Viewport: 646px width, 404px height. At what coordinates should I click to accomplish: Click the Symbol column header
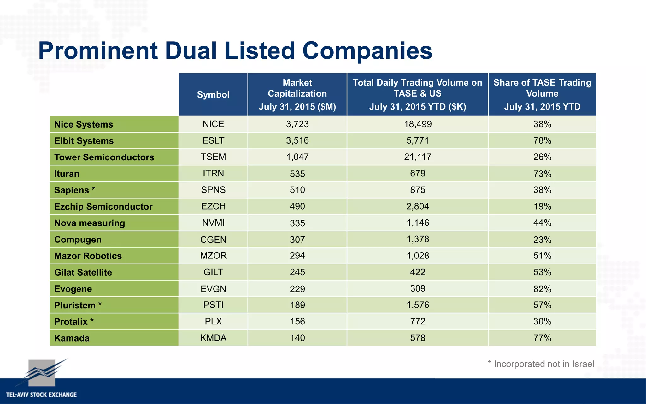point(213,95)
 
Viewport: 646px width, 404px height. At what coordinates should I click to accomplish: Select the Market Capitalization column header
point(297,94)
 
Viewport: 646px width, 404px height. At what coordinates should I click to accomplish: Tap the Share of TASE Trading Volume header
point(542,94)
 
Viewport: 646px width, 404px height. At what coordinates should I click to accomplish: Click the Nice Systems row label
point(84,124)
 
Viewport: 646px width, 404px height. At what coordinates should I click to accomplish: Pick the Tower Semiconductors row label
point(104,157)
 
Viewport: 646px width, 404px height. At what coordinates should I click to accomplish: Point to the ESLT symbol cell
point(213,140)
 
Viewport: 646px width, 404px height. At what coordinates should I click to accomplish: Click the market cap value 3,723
point(297,124)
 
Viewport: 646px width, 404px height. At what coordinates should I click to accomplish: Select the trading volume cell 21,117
point(418,157)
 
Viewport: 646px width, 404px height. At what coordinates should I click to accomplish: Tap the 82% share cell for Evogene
point(542,289)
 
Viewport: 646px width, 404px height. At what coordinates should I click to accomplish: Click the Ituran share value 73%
point(542,174)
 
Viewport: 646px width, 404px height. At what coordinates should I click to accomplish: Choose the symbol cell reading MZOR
point(213,256)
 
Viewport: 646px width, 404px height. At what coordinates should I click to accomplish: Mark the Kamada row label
point(72,338)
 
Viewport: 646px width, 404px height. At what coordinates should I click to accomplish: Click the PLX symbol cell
point(213,321)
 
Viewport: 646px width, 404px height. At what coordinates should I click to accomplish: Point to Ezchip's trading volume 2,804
point(418,206)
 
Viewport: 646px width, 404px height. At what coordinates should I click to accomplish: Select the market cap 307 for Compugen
point(297,240)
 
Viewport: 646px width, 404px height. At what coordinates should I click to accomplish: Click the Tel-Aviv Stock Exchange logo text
point(41,395)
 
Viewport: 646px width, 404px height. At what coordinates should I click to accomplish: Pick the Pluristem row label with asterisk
point(78,305)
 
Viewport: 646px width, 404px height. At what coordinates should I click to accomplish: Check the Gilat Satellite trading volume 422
point(418,272)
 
